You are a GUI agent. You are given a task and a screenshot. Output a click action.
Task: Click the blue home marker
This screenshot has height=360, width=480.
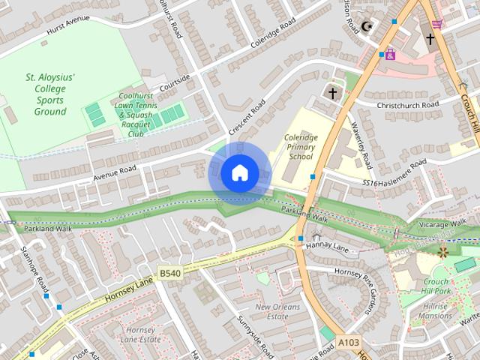coord(239,172)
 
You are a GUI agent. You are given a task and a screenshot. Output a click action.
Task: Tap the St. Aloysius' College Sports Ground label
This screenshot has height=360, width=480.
coord(50,94)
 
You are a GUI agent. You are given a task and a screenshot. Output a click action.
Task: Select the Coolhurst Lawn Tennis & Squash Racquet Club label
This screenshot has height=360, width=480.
coord(135,115)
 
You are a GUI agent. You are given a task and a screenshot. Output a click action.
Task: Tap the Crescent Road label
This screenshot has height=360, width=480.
coord(247,117)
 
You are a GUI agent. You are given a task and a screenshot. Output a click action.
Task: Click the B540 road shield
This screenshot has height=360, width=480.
coord(169,274)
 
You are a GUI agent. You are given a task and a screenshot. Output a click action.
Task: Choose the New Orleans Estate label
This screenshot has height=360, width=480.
coord(277,311)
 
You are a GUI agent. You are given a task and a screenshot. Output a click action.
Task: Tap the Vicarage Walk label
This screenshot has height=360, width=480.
coord(444,223)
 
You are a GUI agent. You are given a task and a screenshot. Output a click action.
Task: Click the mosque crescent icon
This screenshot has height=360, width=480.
coord(367,27)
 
